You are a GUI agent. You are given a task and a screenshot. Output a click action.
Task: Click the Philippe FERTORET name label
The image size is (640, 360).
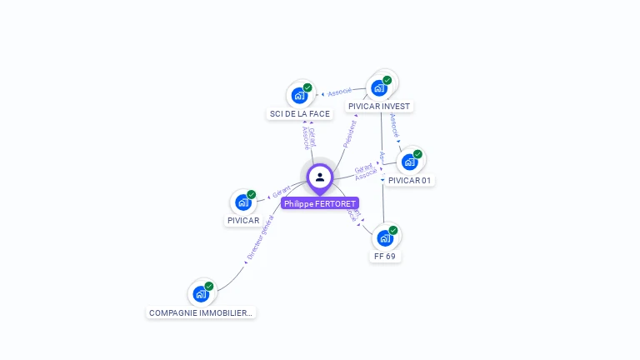320,203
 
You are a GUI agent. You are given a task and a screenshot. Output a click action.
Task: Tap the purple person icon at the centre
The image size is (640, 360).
320,177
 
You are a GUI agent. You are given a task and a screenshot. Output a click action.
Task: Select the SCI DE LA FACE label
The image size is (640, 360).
300,113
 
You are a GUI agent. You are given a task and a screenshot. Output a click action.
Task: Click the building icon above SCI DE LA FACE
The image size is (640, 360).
299,95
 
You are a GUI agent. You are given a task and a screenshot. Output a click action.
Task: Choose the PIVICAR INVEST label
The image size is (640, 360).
379,106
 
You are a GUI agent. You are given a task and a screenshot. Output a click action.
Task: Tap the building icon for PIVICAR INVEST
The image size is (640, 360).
379,88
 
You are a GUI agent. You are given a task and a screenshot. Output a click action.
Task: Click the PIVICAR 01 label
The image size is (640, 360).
411,180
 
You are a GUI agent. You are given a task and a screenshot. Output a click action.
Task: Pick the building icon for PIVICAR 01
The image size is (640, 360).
409,162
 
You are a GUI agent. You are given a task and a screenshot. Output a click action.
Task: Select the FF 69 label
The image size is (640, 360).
385,257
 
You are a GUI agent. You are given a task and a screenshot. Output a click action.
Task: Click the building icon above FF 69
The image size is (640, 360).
385,238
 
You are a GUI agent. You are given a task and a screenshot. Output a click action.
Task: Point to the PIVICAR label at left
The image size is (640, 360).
243,221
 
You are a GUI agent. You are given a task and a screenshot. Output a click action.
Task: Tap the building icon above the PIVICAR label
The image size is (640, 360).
243,202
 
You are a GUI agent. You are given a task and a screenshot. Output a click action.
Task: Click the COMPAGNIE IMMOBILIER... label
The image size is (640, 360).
200,312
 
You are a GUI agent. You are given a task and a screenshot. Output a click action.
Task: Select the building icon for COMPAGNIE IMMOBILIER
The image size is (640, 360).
201,294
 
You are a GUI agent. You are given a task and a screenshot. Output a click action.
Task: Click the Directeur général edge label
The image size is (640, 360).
261,238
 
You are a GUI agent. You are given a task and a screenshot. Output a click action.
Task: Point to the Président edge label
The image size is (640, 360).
349,134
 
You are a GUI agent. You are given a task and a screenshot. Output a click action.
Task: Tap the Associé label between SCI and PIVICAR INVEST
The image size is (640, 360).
340,92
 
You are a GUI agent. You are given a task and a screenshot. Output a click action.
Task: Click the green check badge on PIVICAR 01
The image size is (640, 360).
417,154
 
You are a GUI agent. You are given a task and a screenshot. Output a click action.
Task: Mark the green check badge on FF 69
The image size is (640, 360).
393,231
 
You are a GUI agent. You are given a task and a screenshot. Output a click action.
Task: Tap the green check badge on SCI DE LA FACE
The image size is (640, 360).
307,87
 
